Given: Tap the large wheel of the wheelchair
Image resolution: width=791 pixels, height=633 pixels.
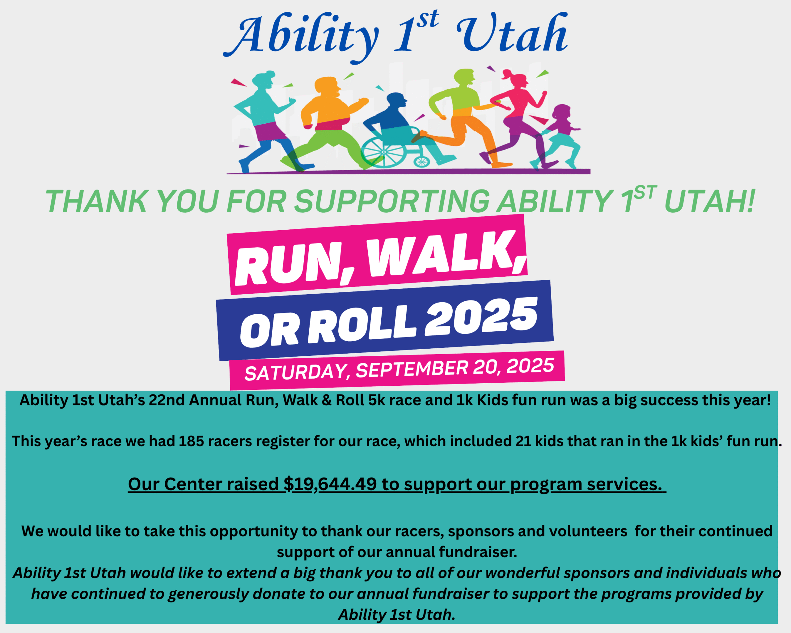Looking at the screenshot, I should pos(383,152).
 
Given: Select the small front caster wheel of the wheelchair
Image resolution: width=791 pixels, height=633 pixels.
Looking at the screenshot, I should pos(421,161).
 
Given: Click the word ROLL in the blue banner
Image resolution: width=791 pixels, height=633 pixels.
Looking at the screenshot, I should pos(362,325).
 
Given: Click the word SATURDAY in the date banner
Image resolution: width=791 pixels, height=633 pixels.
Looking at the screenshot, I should pos(295,373).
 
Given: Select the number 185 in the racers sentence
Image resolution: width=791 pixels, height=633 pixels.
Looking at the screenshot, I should pos(191,441).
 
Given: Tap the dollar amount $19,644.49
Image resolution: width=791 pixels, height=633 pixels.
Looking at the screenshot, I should pos(330,484).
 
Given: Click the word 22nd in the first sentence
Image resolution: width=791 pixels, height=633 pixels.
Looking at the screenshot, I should pos(164,400).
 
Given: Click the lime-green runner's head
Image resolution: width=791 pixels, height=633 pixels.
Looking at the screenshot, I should pos(464,77).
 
